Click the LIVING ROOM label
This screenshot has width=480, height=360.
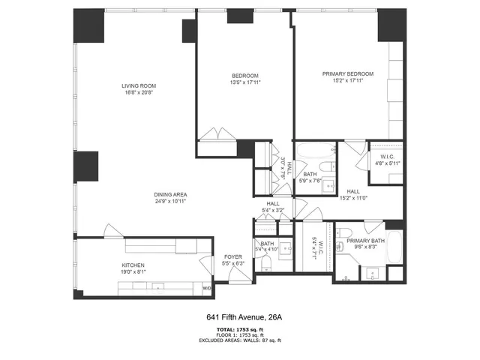[x=139, y=86]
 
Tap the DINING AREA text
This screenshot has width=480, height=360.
[x=170, y=194]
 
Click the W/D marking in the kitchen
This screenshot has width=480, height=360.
[x=207, y=288]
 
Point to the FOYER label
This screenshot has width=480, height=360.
[x=232, y=257]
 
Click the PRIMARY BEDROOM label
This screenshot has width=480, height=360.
[x=347, y=73]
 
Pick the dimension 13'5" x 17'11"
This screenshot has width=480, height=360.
[x=245, y=83]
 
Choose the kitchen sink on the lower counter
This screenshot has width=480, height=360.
[x=157, y=286]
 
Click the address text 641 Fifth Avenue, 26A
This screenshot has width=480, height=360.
[x=240, y=317]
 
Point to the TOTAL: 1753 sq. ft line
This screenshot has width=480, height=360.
[x=240, y=329]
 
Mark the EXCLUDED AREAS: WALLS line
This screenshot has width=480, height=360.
[x=240, y=340]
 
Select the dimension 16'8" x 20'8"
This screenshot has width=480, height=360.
[x=139, y=93]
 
